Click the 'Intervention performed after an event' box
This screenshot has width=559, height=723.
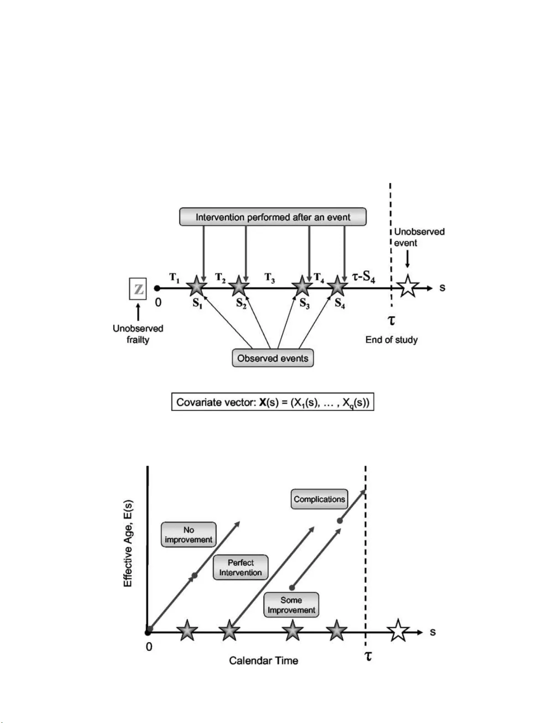[273, 217]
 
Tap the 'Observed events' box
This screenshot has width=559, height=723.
[273, 358]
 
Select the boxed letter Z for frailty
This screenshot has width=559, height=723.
[138, 289]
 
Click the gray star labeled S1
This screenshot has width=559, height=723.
[197, 287]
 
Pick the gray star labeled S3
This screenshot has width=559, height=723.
[302, 287]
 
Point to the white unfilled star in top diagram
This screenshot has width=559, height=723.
[407, 287]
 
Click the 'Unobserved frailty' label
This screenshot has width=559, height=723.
[138, 334]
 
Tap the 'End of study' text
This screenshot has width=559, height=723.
[391, 340]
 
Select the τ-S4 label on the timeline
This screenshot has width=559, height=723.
[363, 277]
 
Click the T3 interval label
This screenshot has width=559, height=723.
[270, 278]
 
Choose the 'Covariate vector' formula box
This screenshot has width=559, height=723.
[273, 402]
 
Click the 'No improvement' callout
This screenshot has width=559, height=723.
[188, 535]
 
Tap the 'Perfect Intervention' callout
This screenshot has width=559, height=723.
[240, 567]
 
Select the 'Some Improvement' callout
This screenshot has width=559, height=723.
[291, 605]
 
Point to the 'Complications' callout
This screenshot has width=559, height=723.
[319, 499]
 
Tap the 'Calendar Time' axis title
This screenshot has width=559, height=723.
[263, 661]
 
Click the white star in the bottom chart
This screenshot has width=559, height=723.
[398, 631]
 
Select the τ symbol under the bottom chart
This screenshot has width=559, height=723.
[368, 656]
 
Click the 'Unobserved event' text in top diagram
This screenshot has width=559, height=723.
[419, 237]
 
